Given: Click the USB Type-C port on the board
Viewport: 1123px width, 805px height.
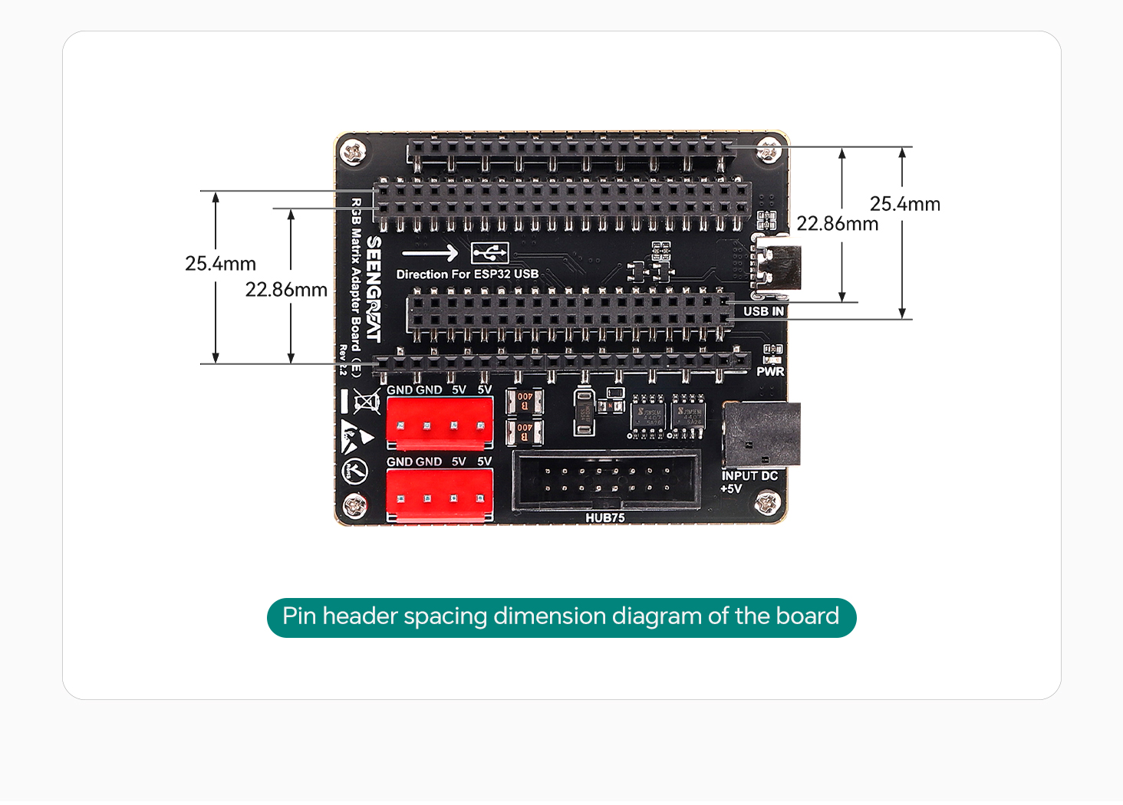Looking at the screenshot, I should coord(776,267).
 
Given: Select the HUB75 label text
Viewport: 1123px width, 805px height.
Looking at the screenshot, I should coord(605,517).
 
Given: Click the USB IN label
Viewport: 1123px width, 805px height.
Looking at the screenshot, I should coord(763,311).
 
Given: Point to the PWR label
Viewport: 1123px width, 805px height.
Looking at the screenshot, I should coord(770,371).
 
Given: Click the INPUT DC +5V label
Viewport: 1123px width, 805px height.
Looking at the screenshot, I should coord(749,481).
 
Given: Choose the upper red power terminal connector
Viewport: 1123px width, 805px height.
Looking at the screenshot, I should coord(440,424).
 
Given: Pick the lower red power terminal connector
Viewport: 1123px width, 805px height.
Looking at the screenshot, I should coord(440,496).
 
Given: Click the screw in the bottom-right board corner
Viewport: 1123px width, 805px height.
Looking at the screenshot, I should coord(766,504).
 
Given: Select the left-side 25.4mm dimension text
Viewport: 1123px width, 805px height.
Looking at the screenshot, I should coord(220,264).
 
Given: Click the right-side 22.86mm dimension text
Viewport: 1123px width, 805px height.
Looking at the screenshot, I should coord(837,224).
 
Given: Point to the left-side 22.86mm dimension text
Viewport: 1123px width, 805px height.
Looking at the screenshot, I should coord(286,290).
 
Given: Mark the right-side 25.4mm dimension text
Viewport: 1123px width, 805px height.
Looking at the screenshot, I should coord(904,204).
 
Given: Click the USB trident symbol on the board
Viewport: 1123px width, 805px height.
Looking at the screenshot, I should coord(490,252).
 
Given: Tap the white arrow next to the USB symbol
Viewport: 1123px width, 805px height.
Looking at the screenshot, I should coord(430,253).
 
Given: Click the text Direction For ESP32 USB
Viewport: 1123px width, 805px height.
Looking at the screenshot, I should coord(467,274).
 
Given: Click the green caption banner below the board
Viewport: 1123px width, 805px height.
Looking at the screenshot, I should coord(561,617).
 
